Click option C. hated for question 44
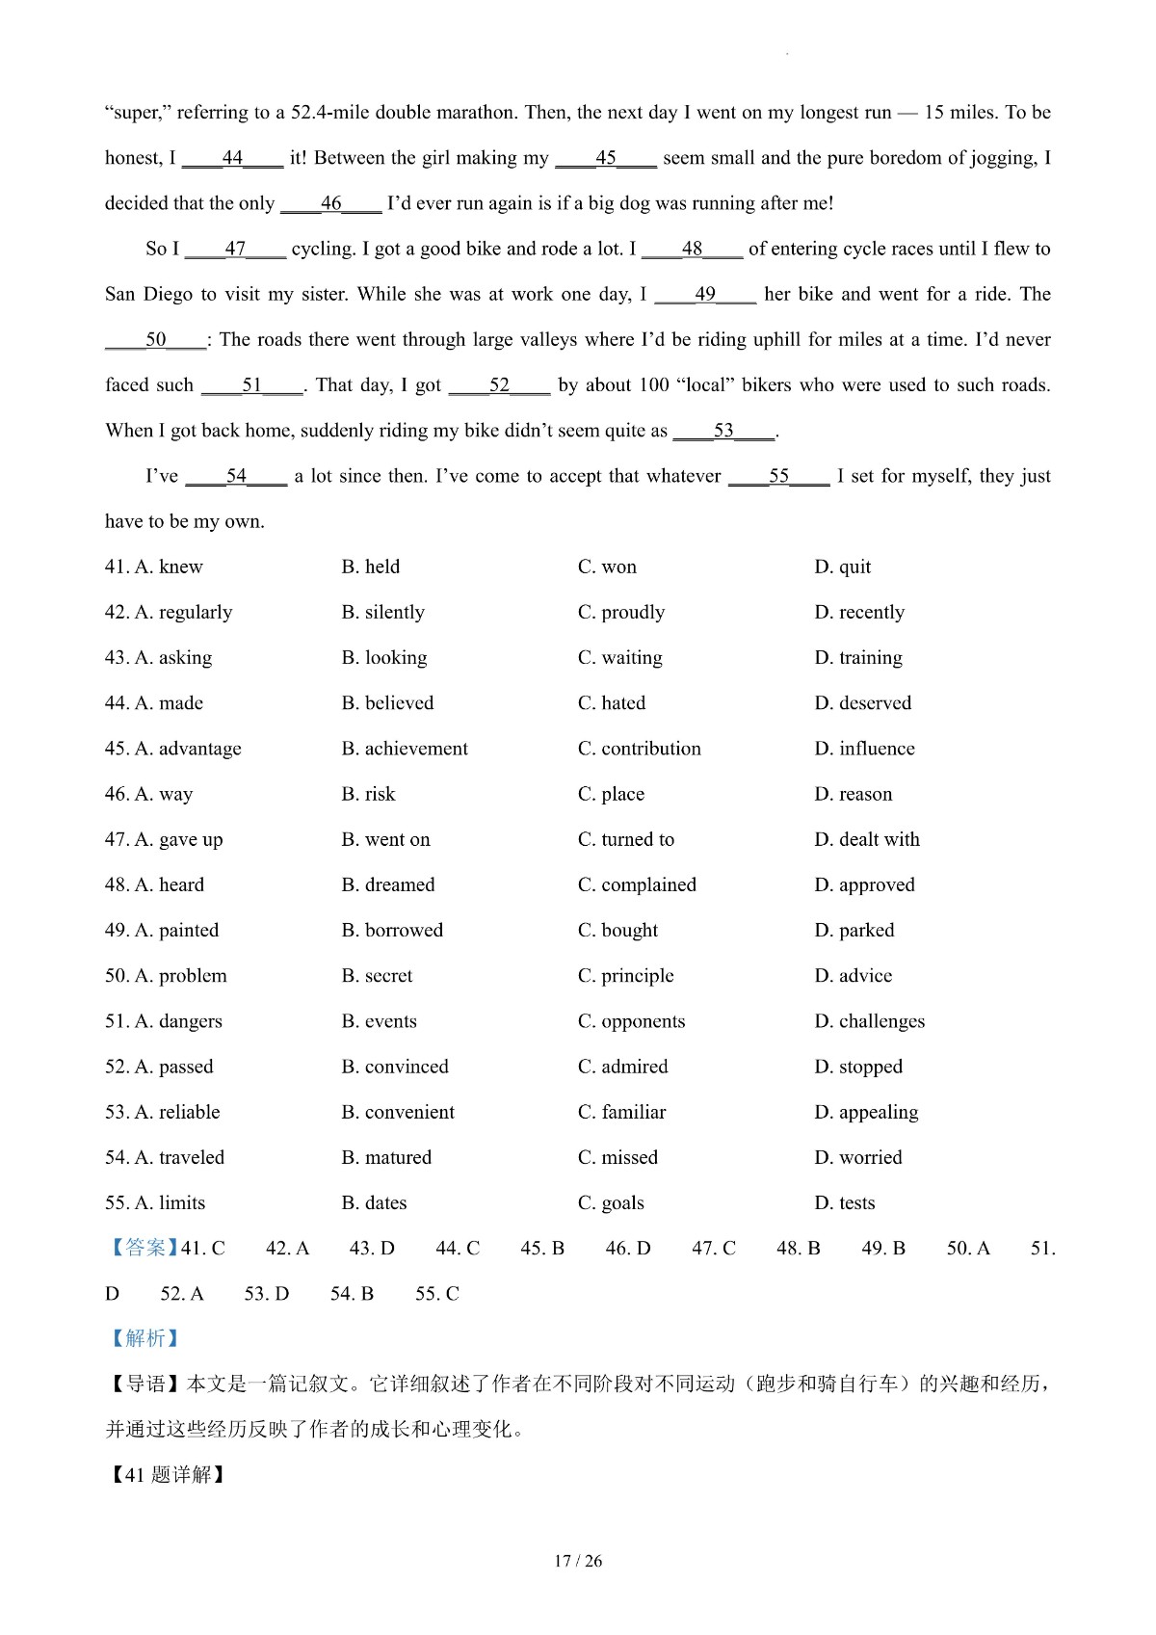click(x=612, y=703)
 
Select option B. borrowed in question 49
click(x=392, y=931)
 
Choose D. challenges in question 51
click(x=869, y=1021)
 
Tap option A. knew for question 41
click(x=154, y=567)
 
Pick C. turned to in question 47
click(x=626, y=840)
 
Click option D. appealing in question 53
click(x=866, y=1113)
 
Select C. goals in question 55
click(x=611, y=1203)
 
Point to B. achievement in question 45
click(x=405, y=749)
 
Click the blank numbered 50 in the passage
click(x=155, y=340)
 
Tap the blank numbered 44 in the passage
click(x=232, y=158)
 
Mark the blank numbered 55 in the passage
click(x=778, y=476)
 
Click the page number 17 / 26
click(x=578, y=1562)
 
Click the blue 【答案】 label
click(x=143, y=1249)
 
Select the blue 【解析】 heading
click(x=143, y=1339)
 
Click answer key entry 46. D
click(x=628, y=1249)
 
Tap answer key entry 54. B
click(x=352, y=1294)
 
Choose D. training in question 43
click(x=858, y=658)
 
